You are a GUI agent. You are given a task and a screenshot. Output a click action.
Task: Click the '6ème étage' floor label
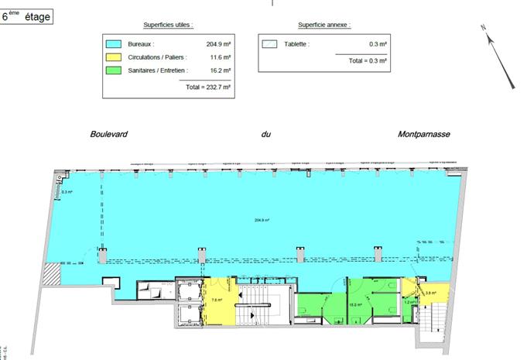tap(27, 15)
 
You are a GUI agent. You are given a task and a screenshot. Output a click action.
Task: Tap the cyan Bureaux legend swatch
tap(114, 44)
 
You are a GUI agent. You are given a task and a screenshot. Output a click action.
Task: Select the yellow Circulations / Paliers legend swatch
tap(114, 57)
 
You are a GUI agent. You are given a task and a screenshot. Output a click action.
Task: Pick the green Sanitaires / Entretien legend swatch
tap(114, 70)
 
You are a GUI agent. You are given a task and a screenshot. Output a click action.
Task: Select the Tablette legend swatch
tap(269, 44)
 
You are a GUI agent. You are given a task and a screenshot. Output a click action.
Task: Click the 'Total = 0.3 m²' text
tap(368, 60)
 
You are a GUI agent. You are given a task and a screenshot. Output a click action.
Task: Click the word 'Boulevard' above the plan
tap(109, 134)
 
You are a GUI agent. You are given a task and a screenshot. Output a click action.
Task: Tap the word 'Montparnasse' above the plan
tap(423, 134)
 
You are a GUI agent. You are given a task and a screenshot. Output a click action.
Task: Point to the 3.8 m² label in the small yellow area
tap(431, 293)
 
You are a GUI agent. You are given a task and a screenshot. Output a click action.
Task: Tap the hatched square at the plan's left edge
tap(50, 273)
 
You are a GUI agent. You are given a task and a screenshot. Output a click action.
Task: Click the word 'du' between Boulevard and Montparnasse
tap(265, 134)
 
